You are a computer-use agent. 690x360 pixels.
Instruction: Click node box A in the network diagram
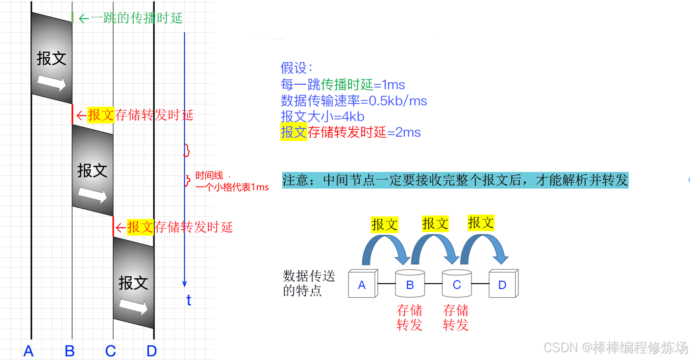coord(362,285)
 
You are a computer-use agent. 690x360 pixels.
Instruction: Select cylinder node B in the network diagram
coord(410,284)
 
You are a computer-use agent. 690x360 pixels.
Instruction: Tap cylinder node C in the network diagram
coord(457,284)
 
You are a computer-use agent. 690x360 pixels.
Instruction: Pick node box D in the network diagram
coord(503,284)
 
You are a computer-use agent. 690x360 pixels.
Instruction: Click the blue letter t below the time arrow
coord(189,300)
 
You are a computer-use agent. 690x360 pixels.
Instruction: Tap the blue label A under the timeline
coord(28,351)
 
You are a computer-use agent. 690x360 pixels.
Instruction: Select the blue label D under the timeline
coord(151,351)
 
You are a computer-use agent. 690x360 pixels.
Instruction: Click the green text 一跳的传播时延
coord(136,19)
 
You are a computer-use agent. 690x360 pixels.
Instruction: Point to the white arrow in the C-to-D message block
coord(133,307)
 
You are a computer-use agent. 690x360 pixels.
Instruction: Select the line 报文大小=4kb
coord(322,117)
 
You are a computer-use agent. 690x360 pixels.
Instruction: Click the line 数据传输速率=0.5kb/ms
coord(354,101)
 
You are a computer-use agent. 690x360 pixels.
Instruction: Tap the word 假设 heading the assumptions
coord(296,68)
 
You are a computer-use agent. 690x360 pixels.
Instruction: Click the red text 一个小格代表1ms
coord(232,187)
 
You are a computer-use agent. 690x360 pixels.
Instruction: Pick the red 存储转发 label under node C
coord(456,317)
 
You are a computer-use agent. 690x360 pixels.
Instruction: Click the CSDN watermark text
coord(616,348)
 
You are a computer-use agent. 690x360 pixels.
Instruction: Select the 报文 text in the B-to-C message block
coord(92,170)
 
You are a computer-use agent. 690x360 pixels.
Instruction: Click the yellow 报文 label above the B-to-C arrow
coord(435,224)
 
